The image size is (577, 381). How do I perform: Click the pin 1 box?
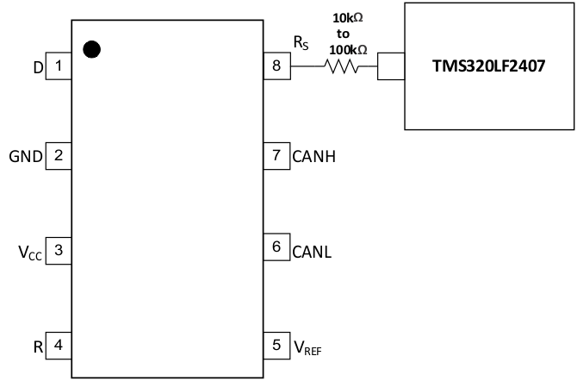[x=58, y=66]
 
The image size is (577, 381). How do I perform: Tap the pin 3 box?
[x=58, y=251]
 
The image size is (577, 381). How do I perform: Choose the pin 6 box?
[x=276, y=247]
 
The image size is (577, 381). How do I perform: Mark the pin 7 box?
[x=276, y=156]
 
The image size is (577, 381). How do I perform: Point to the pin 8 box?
[x=276, y=66]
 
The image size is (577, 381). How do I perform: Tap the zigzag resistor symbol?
[x=342, y=66]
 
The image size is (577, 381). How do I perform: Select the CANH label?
[x=313, y=157]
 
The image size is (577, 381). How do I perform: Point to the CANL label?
[x=312, y=253]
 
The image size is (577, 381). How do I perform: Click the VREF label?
[x=307, y=348]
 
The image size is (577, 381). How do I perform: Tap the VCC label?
[x=29, y=253]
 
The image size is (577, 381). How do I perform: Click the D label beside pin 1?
[x=38, y=66]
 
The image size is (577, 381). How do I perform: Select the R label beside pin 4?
[x=38, y=348]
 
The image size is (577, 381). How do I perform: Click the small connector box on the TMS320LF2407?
[x=390, y=66]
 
